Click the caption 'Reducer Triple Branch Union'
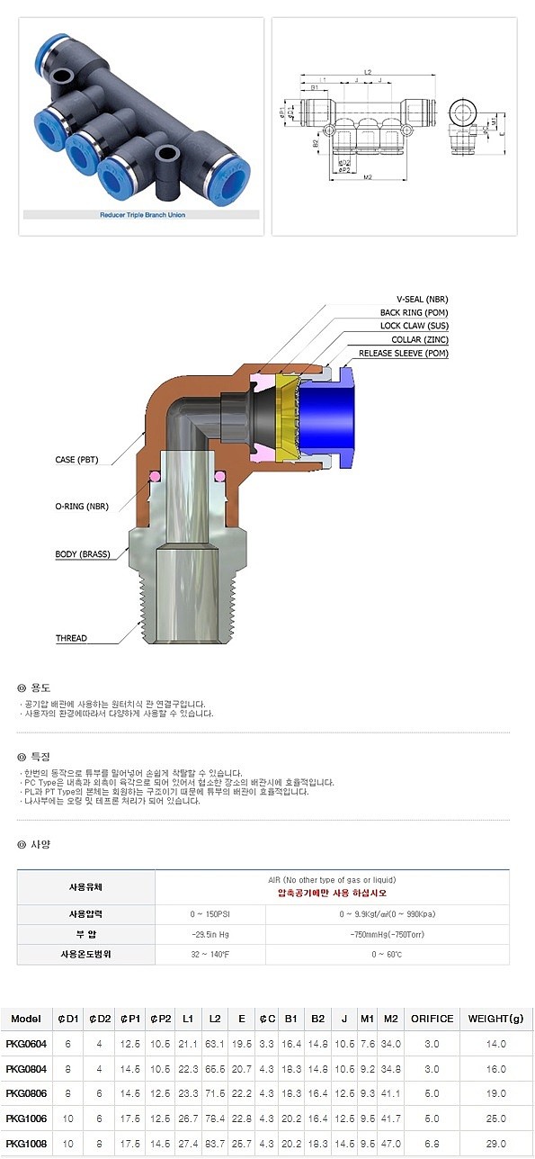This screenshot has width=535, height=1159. [x=142, y=215]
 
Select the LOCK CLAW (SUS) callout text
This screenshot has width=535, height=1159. [x=413, y=326]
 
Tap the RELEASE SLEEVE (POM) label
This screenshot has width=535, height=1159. [x=404, y=354]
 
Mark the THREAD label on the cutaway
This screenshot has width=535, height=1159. [x=71, y=638]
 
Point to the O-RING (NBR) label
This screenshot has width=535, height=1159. [x=81, y=508]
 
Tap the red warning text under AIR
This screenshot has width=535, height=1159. [x=332, y=894]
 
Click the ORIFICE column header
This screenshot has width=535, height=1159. [x=432, y=1020]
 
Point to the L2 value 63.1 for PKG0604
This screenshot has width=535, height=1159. [x=215, y=1044]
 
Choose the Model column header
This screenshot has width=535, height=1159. [x=27, y=1020]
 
